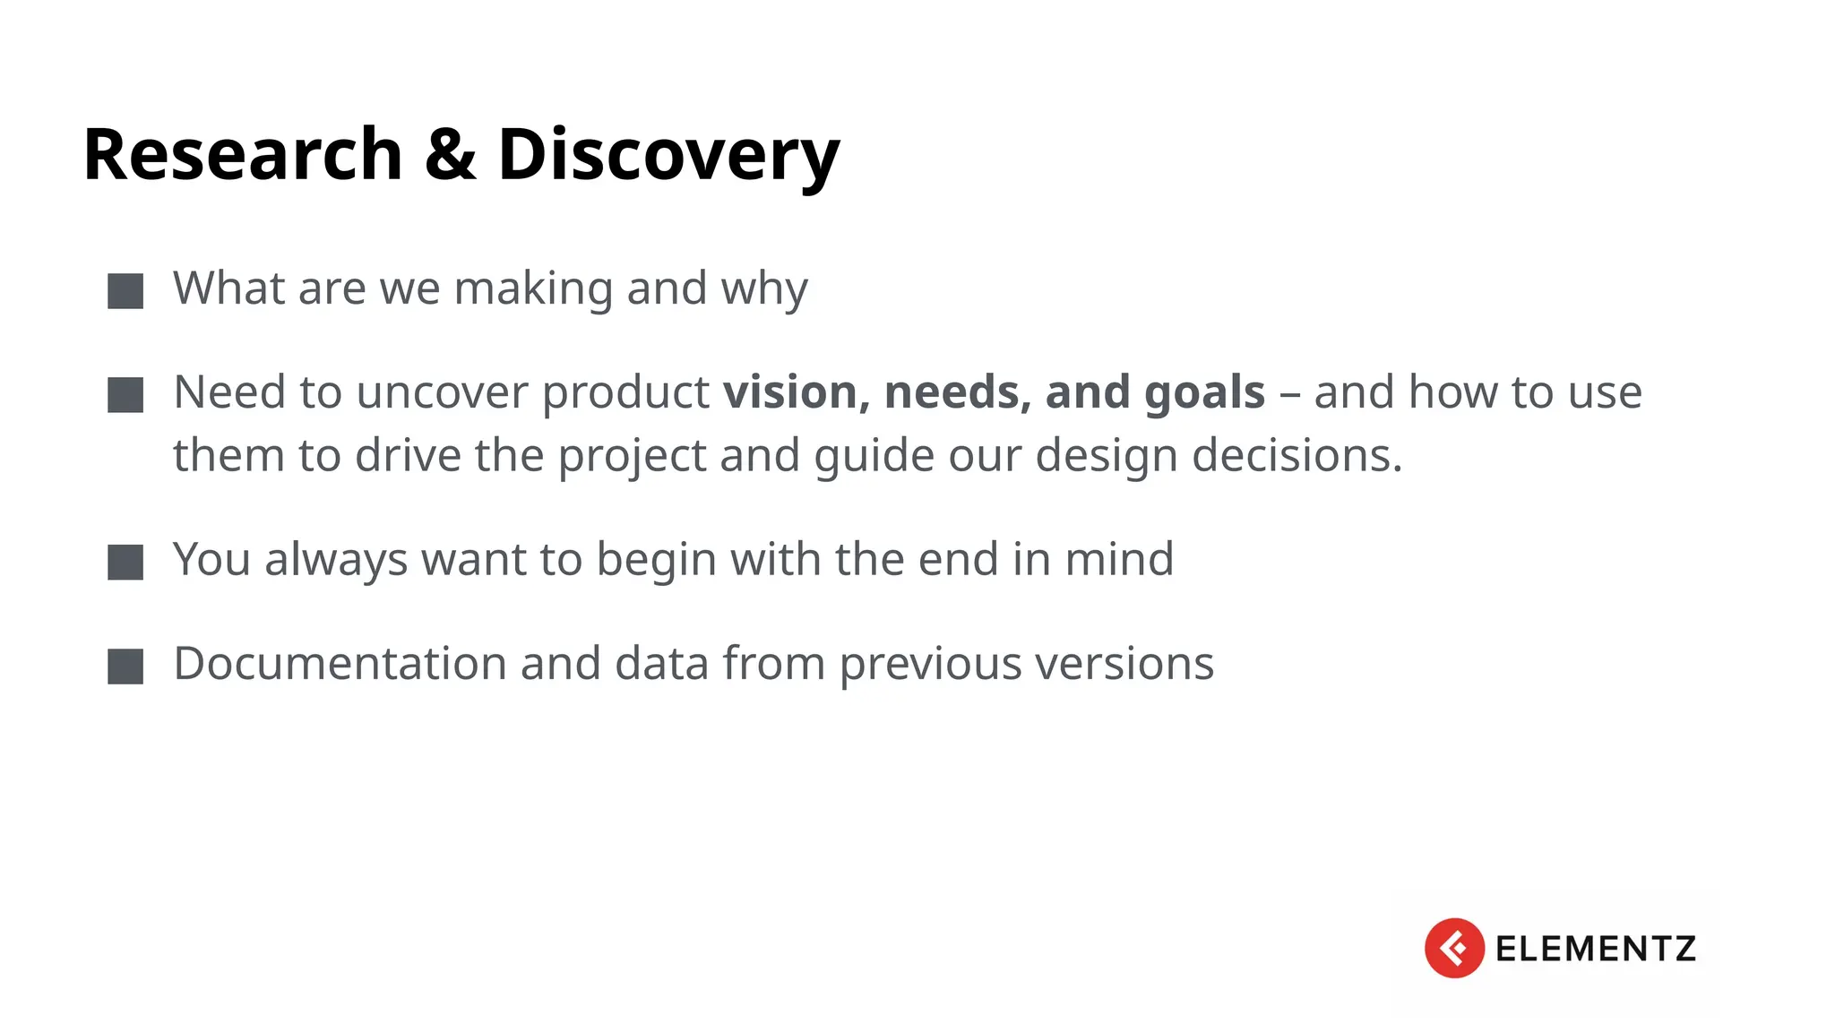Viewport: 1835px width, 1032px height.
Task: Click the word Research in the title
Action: click(242, 155)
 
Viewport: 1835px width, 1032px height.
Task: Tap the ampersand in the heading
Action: click(450, 155)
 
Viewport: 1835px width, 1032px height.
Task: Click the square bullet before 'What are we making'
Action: click(125, 291)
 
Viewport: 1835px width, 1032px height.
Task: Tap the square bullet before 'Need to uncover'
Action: click(125, 395)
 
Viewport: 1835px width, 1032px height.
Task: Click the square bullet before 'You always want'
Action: click(125, 563)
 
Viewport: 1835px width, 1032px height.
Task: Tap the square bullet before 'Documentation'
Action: click(125, 666)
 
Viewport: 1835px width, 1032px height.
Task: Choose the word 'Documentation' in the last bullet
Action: click(340, 664)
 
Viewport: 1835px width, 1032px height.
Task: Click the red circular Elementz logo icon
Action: click(1453, 948)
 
